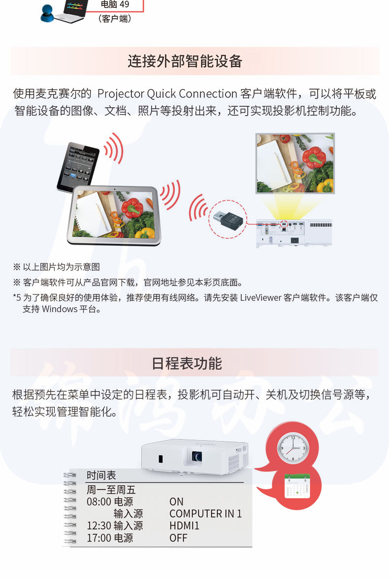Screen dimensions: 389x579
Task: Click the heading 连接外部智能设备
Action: pyautogui.click(x=185, y=61)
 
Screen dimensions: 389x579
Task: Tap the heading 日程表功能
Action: pyautogui.click(x=187, y=364)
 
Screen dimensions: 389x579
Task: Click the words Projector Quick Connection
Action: pyautogui.click(x=167, y=94)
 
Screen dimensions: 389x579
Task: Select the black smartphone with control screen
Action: pyautogui.click(x=78, y=167)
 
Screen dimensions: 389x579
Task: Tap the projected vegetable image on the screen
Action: pyautogui.click(x=295, y=163)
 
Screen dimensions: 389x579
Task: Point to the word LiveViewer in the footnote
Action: pyautogui.click(x=260, y=297)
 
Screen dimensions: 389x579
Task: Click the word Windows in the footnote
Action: pyautogui.click(x=60, y=309)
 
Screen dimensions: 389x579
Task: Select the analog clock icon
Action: pyautogui.click(x=292, y=448)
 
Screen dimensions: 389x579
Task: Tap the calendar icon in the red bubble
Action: pyautogui.click(x=297, y=486)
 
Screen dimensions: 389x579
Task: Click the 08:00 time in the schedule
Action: pyautogui.click(x=98, y=502)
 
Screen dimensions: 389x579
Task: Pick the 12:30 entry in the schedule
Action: pyautogui.click(x=98, y=526)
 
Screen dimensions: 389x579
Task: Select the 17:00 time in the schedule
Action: pyautogui.click(x=98, y=538)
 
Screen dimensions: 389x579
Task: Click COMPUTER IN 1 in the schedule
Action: pyautogui.click(x=205, y=514)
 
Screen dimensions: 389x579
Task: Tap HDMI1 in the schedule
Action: pyautogui.click(x=184, y=526)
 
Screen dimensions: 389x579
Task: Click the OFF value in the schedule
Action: pyautogui.click(x=178, y=538)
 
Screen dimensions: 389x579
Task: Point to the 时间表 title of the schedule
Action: pyautogui.click(x=101, y=475)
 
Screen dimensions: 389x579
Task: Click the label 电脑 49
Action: pyautogui.click(x=115, y=4)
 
